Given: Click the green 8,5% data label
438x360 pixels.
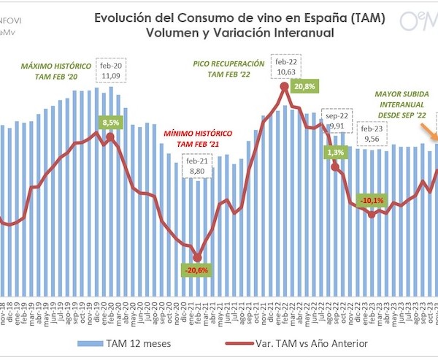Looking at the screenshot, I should click(109, 123).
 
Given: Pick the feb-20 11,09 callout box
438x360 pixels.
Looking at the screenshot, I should click(111, 69).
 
